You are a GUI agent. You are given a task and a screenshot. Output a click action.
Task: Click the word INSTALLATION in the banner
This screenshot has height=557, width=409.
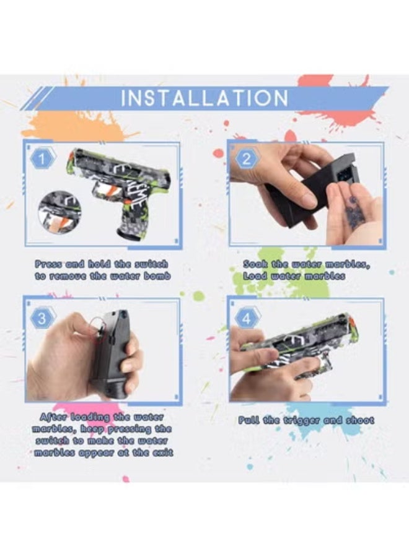point(205,98)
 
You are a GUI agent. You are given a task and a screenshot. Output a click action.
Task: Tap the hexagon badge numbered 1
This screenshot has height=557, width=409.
point(42,159)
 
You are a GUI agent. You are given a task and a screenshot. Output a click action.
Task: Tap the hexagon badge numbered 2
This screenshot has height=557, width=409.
point(247,158)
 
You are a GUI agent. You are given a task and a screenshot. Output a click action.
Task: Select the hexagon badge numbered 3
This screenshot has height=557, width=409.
point(42,319)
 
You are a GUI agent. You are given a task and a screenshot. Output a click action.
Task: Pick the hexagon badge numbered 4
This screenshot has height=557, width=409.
point(246,319)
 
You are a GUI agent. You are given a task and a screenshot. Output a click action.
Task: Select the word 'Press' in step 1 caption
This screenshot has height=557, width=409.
point(49,264)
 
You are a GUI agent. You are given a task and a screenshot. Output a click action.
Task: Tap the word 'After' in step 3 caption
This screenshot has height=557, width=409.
point(52,417)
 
